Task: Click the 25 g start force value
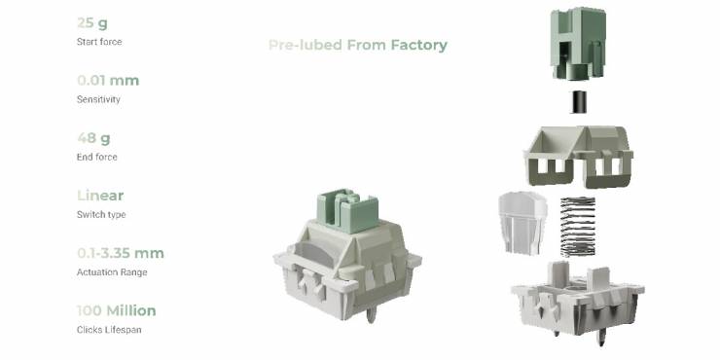(92, 23)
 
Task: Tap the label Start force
(99, 42)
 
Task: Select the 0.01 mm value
(108, 81)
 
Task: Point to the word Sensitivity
(98, 99)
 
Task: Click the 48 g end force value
(93, 138)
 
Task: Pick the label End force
(97, 157)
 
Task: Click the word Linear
(100, 196)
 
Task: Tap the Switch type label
(101, 214)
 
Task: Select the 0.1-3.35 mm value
(121, 253)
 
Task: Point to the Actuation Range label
(112, 272)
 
